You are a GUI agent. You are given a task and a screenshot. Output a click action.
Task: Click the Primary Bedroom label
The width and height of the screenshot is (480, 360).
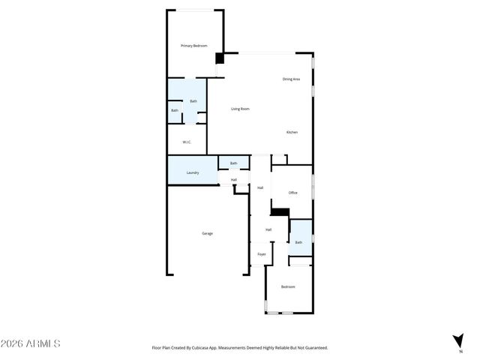point(193,46)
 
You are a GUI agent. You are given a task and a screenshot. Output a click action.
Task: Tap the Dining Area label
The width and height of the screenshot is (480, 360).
point(291,79)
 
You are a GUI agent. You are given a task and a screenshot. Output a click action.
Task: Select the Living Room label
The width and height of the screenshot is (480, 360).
point(240,109)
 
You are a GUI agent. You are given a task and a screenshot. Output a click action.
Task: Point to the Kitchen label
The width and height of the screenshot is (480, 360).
point(292,132)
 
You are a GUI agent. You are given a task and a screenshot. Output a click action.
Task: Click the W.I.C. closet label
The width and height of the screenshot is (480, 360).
point(187,142)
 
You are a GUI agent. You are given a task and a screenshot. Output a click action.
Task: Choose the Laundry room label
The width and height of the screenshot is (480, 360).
point(193,172)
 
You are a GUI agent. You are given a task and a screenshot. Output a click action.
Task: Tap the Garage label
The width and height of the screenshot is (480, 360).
point(207,233)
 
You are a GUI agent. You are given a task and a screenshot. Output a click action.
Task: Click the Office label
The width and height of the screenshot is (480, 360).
point(293,193)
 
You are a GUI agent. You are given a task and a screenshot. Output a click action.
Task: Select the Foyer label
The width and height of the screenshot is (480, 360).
point(262,254)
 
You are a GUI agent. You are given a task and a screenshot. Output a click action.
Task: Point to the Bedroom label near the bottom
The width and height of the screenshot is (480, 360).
point(288,286)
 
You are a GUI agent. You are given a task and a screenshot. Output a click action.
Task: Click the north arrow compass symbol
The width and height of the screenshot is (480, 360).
point(459,340)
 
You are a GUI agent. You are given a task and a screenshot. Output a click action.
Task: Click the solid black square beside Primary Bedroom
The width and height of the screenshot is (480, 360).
point(220,58)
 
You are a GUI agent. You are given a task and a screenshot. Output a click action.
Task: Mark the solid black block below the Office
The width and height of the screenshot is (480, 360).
point(280,212)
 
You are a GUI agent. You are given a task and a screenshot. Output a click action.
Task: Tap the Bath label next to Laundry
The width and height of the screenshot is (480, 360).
point(233,163)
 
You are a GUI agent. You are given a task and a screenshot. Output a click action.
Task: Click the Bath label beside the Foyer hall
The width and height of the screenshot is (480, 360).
point(298,242)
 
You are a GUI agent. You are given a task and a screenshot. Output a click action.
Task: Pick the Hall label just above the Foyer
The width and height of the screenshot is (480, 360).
point(268,229)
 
